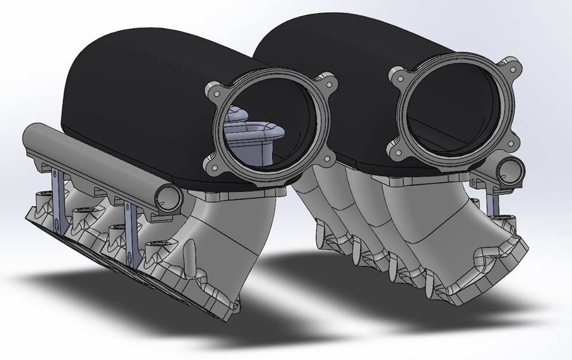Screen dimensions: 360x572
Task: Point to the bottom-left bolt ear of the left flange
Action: click(214, 165)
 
